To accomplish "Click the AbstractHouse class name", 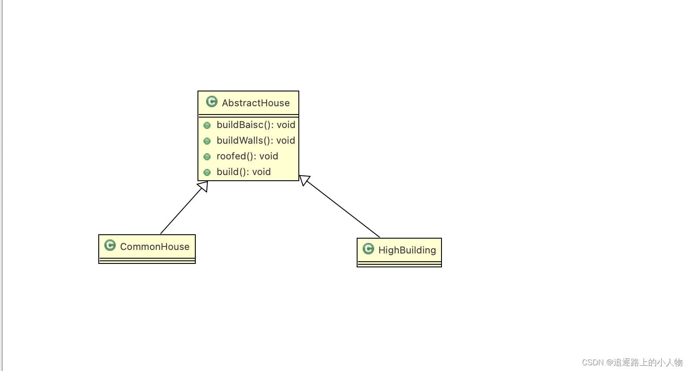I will pyautogui.click(x=255, y=103).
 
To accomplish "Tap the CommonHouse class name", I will pyautogui.click(x=154, y=246).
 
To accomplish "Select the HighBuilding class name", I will pyautogui.click(x=407, y=250).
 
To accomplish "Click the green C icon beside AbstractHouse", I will pyautogui.click(x=212, y=101).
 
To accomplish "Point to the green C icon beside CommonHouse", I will pyautogui.click(x=110, y=245).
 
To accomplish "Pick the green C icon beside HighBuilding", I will pyautogui.click(x=368, y=249).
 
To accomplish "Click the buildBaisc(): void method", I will pyautogui.click(x=256, y=125).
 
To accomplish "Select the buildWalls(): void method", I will pyautogui.click(x=256, y=141).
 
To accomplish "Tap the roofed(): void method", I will pyautogui.click(x=247, y=156).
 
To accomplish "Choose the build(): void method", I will pyautogui.click(x=244, y=172).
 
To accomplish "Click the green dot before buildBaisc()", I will pyautogui.click(x=207, y=125).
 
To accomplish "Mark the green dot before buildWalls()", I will pyautogui.click(x=207, y=141).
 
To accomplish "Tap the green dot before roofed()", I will pyautogui.click(x=207, y=157).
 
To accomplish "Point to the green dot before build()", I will pyautogui.click(x=207, y=172).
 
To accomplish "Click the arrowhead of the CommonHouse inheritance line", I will pyautogui.click(x=203, y=186).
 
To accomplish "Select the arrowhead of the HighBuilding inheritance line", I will pyautogui.click(x=304, y=179).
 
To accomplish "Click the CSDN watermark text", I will pyautogui.click(x=632, y=362).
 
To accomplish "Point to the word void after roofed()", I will pyautogui.click(x=268, y=156).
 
